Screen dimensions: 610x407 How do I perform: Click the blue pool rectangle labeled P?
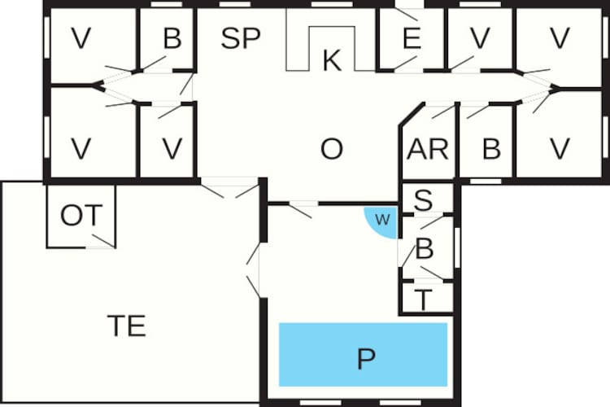click(363, 354)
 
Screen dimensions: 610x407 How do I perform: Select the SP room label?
click(241, 38)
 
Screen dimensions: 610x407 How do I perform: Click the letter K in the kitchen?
click(332, 60)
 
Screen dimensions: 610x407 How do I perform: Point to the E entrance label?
click(412, 38)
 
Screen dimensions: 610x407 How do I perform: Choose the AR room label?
click(428, 149)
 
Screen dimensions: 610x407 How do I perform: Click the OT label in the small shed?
click(81, 216)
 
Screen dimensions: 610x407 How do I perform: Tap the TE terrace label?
click(126, 326)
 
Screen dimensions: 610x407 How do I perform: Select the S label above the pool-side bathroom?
click(423, 200)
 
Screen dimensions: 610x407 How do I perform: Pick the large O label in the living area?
click(332, 149)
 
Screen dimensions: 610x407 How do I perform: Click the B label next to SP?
click(172, 38)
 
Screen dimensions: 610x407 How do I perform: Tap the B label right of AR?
click(491, 149)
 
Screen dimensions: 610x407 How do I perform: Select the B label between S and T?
click(425, 248)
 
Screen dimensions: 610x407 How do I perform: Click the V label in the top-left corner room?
click(81, 38)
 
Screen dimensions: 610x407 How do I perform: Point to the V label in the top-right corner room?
click(560, 38)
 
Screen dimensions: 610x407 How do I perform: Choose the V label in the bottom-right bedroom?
click(560, 149)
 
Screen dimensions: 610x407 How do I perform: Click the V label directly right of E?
click(480, 38)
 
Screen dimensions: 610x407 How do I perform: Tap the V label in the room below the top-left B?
click(172, 149)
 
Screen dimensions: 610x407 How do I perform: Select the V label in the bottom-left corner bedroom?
click(81, 149)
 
